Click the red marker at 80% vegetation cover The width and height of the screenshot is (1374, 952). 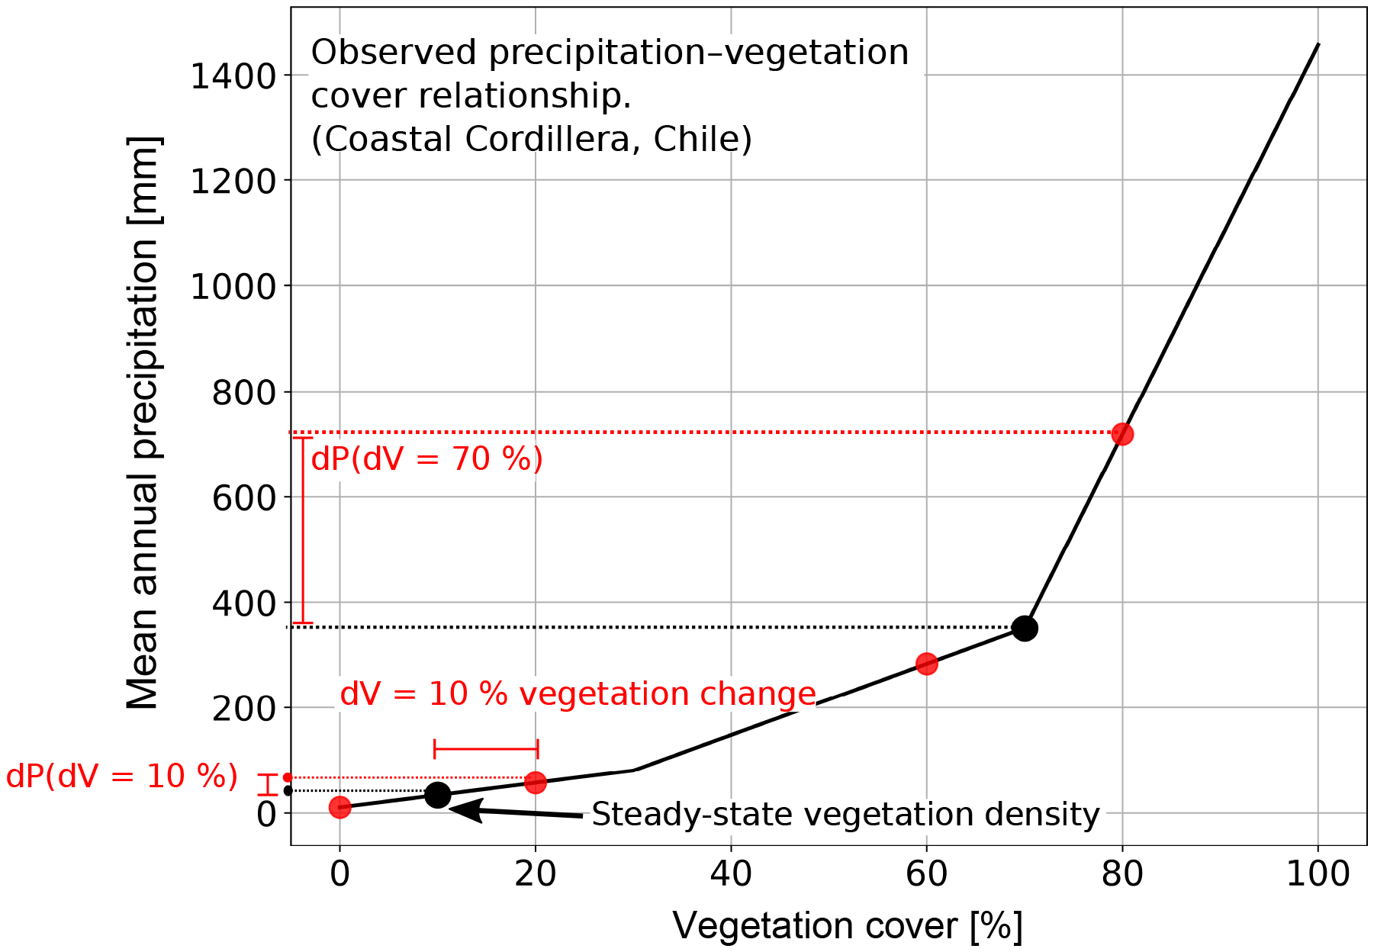tap(1121, 434)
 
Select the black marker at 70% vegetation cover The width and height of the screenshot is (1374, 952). tap(1025, 628)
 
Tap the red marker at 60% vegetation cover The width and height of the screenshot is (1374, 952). tap(926, 664)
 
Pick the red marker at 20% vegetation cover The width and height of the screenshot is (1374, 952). tap(536, 782)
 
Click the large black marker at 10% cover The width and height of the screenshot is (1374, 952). tap(437, 795)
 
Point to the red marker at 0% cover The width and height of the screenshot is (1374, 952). tap(339, 807)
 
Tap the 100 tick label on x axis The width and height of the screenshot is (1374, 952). tap(1318, 873)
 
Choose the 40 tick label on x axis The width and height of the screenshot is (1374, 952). tap(731, 873)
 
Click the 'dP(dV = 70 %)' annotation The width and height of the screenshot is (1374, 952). tap(427, 459)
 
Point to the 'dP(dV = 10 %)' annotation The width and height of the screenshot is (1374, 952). tap(122, 777)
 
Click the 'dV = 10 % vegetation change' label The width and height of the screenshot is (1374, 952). tap(578, 694)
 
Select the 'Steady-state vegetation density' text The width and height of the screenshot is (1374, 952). tap(845, 815)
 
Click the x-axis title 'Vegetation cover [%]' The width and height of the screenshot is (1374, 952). tap(847, 926)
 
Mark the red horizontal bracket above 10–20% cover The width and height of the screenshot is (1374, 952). tap(486, 749)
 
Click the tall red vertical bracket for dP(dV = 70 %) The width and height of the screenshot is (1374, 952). tap(303, 530)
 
